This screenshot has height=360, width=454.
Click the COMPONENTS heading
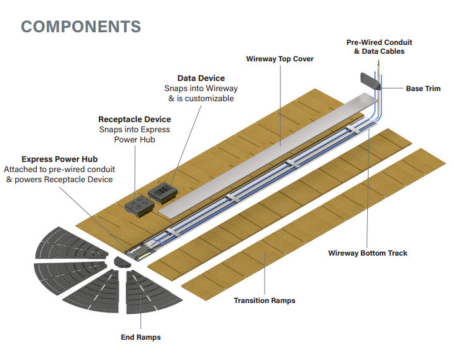(x=80, y=26)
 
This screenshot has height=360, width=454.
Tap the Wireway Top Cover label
(x=279, y=59)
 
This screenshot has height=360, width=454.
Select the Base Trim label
(x=423, y=89)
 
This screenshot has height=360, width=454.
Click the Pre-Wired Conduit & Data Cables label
(x=375, y=47)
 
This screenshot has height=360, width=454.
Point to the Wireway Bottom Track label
(x=368, y=253)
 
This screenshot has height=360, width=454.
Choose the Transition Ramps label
(x=264, y=301)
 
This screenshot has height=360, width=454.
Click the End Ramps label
(x=141, y=337)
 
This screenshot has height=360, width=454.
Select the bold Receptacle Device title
(x=134, y=119)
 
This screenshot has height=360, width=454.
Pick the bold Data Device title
(x=201, y=78)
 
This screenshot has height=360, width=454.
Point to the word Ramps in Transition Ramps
(x=281, y=301)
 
